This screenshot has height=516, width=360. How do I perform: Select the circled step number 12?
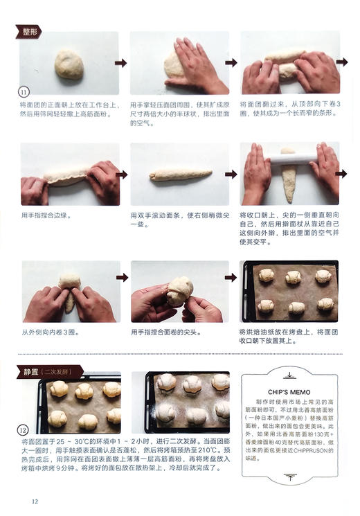point(26,429)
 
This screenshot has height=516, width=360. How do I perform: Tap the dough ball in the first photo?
point(69,65)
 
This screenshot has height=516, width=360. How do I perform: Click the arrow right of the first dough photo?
point(121,63)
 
